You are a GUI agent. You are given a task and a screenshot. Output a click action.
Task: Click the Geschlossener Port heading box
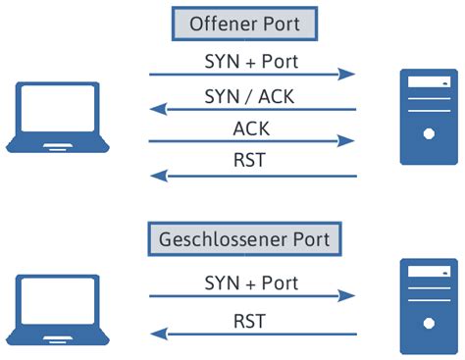[x=251, y=238]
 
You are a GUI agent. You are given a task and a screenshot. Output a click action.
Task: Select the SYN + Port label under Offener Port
[x=251, y=60]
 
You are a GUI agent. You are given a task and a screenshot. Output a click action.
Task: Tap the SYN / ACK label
[x=251, y=95]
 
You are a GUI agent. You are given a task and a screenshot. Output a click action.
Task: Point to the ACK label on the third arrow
[x=251, y=129]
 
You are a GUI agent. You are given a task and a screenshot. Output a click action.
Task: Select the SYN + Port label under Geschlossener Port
[x=251, y=283]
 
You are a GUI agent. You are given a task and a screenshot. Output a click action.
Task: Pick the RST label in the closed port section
[x=251, y=320]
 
